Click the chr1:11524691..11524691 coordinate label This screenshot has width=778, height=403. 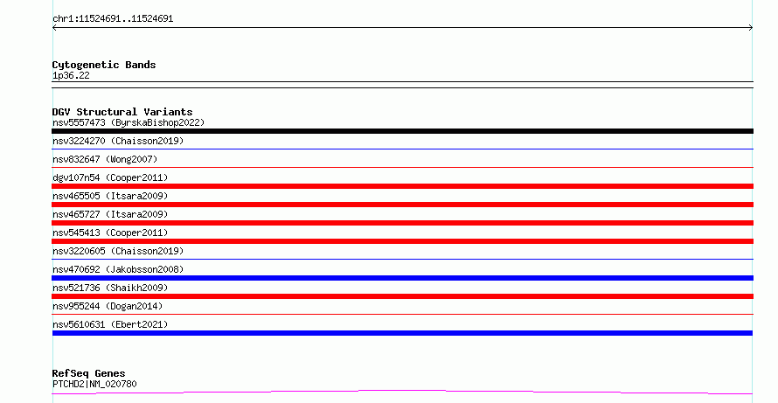click(113, 19)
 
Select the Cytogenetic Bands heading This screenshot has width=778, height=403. click(104, 65)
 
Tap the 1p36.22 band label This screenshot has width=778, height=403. click(71, 75)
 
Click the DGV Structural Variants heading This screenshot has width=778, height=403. click(122, 112)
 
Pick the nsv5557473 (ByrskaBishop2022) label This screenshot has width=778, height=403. click(129, 122)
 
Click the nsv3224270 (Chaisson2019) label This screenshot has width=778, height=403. click(118, 141)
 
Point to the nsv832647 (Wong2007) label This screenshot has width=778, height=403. click(105, 159)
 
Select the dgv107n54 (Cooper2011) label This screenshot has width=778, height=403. click(110, 177)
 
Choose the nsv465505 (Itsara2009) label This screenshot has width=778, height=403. click(110, 196)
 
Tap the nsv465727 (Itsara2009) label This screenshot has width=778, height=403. click(110, 214)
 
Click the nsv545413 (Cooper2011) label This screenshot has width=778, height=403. click(110, 233)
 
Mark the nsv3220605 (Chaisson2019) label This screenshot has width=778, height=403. click(118, 251)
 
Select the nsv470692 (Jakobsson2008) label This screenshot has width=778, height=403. click(118, 269)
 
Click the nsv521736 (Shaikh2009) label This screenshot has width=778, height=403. click(110, 288)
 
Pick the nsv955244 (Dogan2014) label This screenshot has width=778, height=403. click(108, 306)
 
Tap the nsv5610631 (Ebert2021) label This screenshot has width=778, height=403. click(110, 324)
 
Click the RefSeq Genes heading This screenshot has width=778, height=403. click(88, 373)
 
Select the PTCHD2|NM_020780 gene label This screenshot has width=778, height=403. click(94, 384)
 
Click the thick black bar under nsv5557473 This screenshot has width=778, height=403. click(402, 131)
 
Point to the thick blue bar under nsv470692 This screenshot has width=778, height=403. click(402, 278)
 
